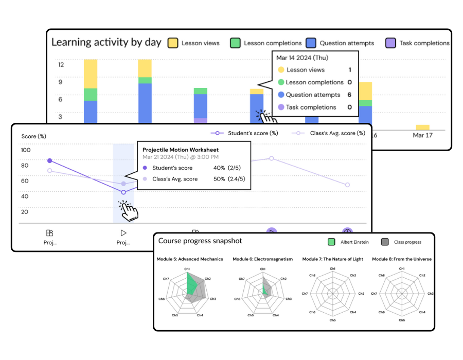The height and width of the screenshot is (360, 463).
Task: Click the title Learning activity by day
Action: coord(106,42)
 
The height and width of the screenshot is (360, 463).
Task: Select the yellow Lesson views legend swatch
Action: coord(173,43)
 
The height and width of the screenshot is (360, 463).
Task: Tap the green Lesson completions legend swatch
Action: coord(235,43)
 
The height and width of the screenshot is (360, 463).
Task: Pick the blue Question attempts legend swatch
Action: coord(311,43)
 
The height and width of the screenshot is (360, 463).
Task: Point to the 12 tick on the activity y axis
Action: coord(61,65)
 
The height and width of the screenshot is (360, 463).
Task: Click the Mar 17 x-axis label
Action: coord(422,136)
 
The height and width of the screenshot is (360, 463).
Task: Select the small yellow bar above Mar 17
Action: coord(422,127)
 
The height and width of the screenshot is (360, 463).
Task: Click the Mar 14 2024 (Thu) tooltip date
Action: coord(302,58)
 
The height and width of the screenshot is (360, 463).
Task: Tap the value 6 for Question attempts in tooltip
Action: coord(349,95)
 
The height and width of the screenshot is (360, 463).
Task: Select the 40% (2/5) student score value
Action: coord(227,168)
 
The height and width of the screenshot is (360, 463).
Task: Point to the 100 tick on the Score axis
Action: coord(26,150)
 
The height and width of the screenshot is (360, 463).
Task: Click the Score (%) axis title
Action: coord(34,136)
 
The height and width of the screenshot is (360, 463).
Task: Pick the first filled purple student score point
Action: coord(49,161)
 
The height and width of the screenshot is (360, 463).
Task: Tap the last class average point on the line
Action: coord(347,185)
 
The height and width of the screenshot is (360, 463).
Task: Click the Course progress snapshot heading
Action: coord(200,241)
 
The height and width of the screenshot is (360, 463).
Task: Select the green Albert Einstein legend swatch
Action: coord(331,242)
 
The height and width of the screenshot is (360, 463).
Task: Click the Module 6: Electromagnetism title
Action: coord(262,259)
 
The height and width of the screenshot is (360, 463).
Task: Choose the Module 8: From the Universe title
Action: coord(402,259)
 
